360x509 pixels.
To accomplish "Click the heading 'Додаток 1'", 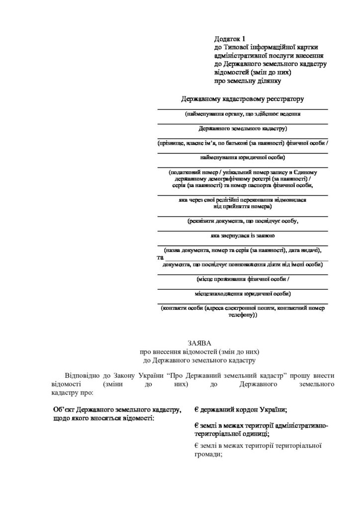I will tap(230, 38).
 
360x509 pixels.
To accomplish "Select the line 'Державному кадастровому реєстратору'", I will tap(242, 99).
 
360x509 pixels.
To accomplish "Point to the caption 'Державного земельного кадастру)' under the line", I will tap(242, 129).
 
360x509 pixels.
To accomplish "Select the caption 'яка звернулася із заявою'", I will tap(242, 235).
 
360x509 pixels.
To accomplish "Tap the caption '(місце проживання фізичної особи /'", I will tap(242, 279).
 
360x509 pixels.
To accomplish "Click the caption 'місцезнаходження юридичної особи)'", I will tap(242, 293).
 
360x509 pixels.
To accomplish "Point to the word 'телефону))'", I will tap(242, 315).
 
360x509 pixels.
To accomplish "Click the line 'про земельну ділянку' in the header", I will tap(248, 81).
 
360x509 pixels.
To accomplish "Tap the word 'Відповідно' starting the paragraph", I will tap(83, 374).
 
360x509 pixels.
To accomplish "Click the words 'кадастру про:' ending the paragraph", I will tap(72, 392).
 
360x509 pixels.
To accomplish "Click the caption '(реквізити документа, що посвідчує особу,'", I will tap(242, 221).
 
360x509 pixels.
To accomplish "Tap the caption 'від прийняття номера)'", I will tap(242, 206).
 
